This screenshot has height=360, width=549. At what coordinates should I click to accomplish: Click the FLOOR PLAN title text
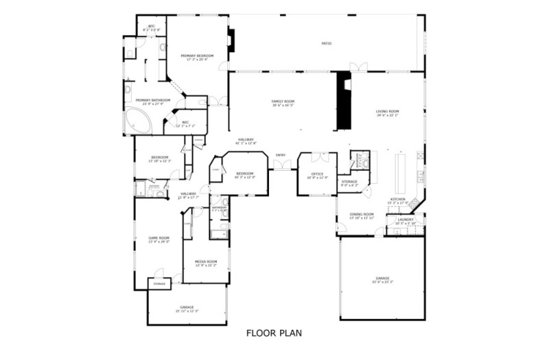click(274, 334)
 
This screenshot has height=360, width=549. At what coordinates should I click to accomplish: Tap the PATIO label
click(327, 44)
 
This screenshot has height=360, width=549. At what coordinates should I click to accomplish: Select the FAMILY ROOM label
click(283, 103)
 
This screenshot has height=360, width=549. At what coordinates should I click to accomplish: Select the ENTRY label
click(281, 155)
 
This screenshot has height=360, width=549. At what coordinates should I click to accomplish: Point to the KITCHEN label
click(398, 200)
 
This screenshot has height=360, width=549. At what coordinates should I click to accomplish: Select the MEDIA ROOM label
click(206, 263)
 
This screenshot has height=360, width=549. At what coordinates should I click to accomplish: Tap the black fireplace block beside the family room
click(342, 100)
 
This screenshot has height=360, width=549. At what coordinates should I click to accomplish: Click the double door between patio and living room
click(358, 67)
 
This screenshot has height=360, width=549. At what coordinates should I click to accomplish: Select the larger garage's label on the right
click(382, 280)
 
